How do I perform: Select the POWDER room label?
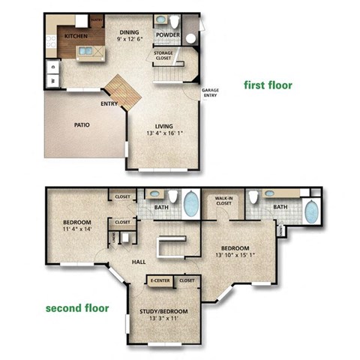pos(167,34)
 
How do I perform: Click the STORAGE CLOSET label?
pos(164,55)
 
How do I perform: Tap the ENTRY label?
pos(109,103)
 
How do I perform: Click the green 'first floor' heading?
pos(268,85)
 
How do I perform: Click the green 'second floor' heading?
pos(77,307)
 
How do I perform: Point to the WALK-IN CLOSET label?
pos(223,200)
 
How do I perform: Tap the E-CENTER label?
pos(160,280)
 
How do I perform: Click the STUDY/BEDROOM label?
pos(163,310)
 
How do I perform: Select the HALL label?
pos(139,262)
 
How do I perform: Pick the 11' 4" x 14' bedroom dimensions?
pos(77,230)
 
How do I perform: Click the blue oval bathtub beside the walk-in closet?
pos(191,203)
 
